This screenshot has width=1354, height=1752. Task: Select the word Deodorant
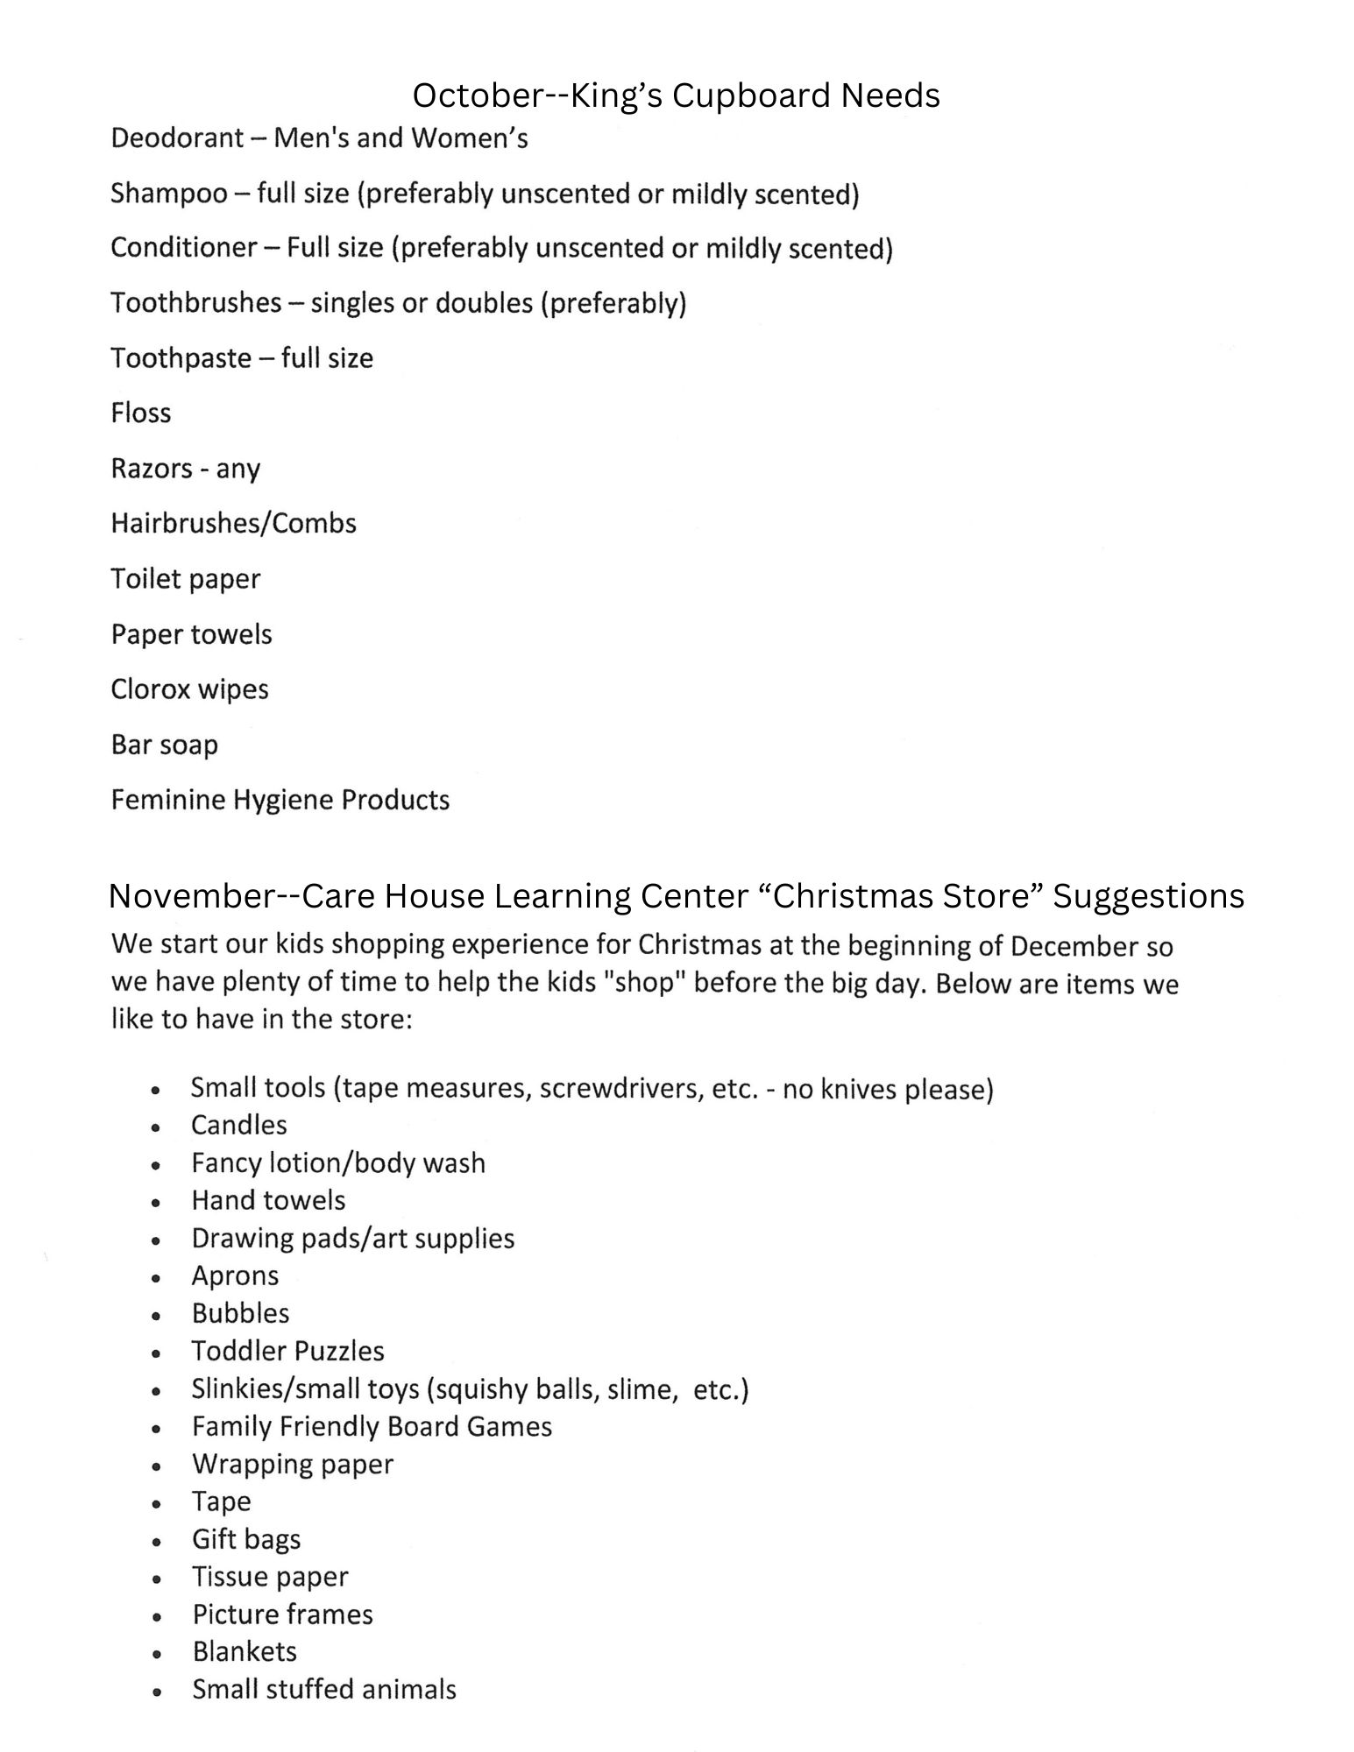(x=177, y=138)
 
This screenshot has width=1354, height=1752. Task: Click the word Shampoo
(x=168, y=194)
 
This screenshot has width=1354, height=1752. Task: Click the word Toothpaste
(x=181, y=358)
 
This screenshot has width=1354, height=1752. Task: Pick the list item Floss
(x=141, y=413)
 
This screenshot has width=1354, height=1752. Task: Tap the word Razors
(x=151, y=469)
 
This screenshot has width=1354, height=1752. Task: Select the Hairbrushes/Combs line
(x=233, y=524)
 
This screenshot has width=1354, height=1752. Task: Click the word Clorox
(x=150, y=689)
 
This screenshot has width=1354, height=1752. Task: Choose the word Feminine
(x=167, y=800)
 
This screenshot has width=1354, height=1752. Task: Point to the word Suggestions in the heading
(x=1148, y=896)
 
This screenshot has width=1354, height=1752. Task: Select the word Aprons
(x=235, y=1276)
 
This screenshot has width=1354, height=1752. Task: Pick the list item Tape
(x=221, y=1501)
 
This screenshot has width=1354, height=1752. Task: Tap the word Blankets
(x=245, y=1651)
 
